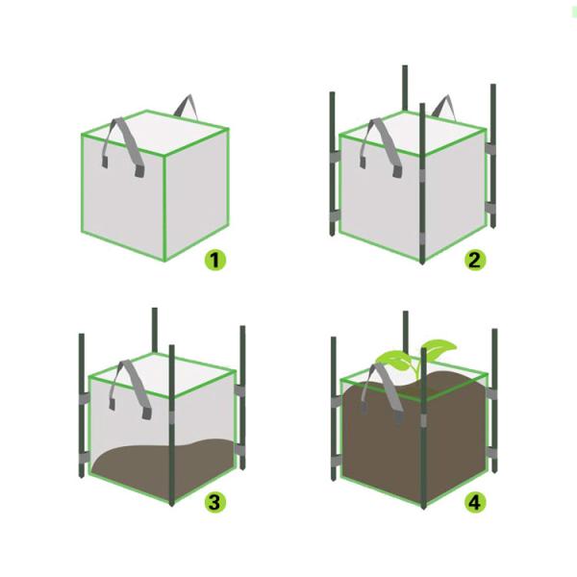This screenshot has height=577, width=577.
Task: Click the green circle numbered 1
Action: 215,260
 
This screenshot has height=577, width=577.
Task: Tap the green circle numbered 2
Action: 475,260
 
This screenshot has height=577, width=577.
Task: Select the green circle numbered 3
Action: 215,502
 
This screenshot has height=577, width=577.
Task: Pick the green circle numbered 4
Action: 475,502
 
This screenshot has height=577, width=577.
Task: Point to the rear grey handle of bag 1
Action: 186,106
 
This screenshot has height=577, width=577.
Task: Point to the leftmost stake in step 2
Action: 332,163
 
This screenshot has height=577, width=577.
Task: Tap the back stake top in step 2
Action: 405,67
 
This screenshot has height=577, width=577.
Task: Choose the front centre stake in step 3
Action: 171,425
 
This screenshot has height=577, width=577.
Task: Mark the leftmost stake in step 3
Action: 82,406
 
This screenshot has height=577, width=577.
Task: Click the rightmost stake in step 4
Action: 494,400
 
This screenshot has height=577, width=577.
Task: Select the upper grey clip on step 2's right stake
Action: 490,149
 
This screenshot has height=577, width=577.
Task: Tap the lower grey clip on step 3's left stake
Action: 84,458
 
